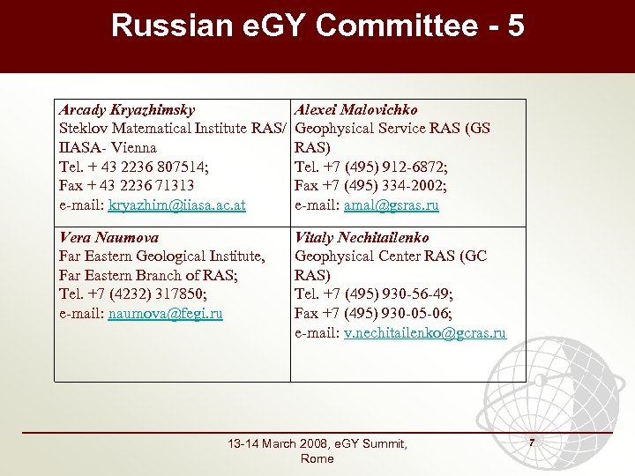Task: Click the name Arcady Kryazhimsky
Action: pos(126,110)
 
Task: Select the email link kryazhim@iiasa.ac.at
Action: pos(176,205)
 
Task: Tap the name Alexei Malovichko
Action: pos(356,110)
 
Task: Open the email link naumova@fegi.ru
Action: pos(165,313)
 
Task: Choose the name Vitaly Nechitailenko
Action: pos(362,237)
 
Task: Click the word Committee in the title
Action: pos(397,26)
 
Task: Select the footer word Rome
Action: pos(317,458)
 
